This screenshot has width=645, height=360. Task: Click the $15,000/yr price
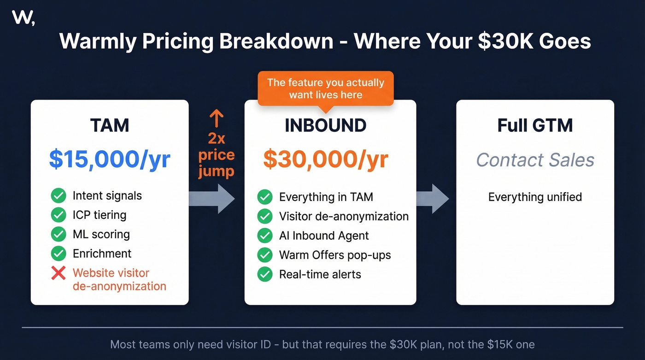(110, 159)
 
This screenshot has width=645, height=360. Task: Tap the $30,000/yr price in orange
(325, 159)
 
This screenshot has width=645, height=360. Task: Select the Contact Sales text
(535, 160)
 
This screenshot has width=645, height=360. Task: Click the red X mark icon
(59, 273)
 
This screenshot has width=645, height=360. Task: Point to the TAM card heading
(110, 125)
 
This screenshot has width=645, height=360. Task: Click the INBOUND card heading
(325, 125)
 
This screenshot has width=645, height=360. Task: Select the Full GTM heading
(535, 125)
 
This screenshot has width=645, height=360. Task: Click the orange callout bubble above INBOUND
(325, 89)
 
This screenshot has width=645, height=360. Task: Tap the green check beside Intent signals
(59, 195)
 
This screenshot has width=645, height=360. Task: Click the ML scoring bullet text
(101, 234)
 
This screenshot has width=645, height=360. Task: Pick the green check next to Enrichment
(59, 254)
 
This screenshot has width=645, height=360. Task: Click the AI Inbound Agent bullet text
(324, 236)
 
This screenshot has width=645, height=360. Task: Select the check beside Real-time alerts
(264, 274)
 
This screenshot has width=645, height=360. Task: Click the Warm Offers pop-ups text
(335, 255)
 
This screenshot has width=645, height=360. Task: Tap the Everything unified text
(535, 197)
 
